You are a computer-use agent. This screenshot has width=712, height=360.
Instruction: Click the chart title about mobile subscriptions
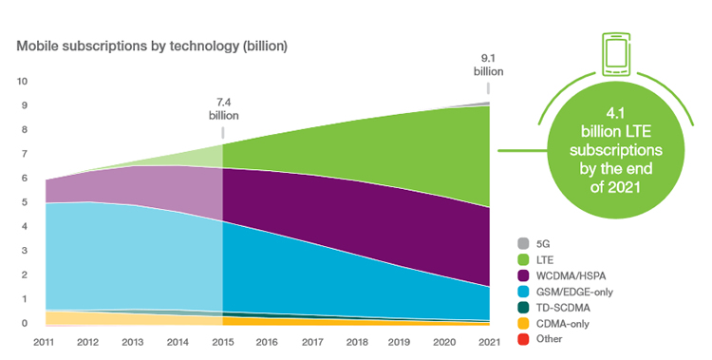tap(151, 45)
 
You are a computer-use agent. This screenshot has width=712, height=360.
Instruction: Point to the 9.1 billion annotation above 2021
tap(489, 63)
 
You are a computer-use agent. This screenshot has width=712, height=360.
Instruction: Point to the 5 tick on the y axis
tap(26, 202)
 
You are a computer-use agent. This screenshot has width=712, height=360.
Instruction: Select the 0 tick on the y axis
tap(26, 324)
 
